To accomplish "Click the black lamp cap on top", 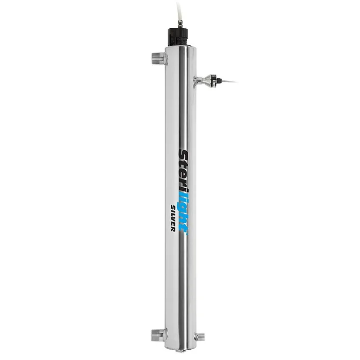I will point(177,34).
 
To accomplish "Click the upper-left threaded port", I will point(156,58).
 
